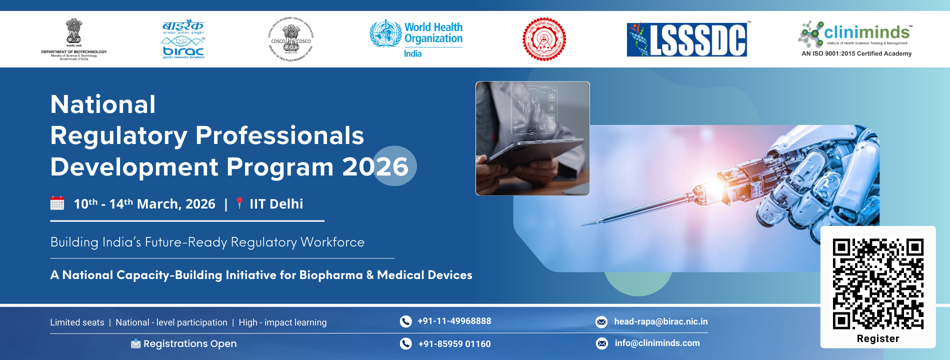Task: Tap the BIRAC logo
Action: [x=183, y=39]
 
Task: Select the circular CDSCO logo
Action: [x=291, y=39]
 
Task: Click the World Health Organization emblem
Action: [x=385, y=33]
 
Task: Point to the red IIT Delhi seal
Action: [x=544, y=39]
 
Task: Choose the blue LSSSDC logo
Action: [x=687, y=39]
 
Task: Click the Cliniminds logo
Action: [x=856, y=35]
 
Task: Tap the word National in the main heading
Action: [x=103, y=104]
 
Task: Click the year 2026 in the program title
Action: [x=375, y=166]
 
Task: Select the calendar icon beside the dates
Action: [x=57, y=203]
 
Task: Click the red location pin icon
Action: [x=239, y=203]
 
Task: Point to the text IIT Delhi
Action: [x=276, y=204]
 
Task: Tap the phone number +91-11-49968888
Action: [x=454, y=321]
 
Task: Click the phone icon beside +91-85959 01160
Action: [x=405, y=343]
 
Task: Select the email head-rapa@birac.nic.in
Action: [x=660, y=321]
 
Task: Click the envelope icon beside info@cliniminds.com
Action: [x=602, y=343]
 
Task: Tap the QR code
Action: [x=878, y=283]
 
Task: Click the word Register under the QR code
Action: [x=878, y=338]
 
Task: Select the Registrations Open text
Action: [x=190, y=343]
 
